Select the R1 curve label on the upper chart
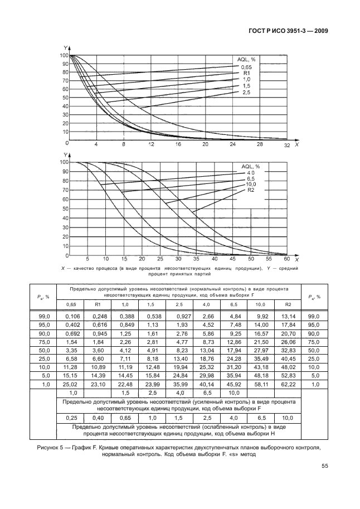246,73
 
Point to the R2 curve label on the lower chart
250,190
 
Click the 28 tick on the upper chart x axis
259,144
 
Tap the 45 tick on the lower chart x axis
233,260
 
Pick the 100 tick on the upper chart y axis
64,56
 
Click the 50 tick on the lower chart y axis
64,209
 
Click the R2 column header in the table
288,304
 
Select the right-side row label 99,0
315,317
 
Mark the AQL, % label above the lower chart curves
251,166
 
